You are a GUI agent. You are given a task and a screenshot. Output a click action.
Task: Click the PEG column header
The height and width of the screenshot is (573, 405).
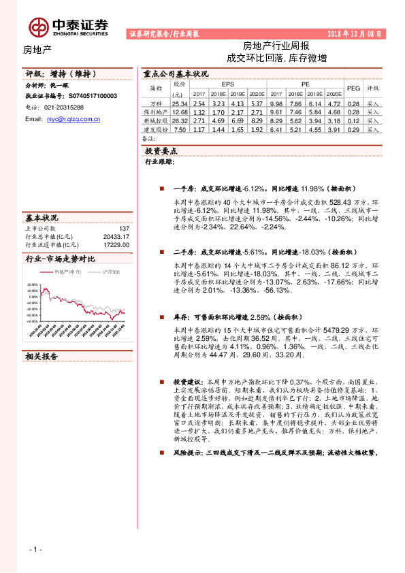pyautogui.click(x=353, y=88)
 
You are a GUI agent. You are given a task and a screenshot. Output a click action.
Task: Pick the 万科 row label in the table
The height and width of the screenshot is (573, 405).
pyautogui.click(x=156, y=103)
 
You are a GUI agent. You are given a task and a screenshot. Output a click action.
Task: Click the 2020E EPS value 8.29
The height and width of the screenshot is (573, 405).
pyautogui.click(x=238, y=120)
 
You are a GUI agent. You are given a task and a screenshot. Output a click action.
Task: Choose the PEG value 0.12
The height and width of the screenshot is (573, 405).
pyautogui.click(x=353, y=120)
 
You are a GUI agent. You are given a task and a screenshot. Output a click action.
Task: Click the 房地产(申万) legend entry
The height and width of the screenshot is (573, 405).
pyautogui.click(x=68, y=272)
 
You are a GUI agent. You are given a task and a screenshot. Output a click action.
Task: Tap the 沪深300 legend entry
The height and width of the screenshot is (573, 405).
pyautogui.click(x=109, y=272)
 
